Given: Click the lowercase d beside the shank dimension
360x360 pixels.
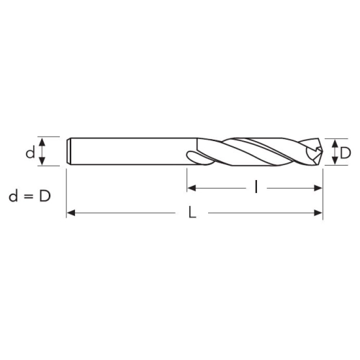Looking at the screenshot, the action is [30, 153].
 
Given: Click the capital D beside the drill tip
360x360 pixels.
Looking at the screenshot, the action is [346, 153].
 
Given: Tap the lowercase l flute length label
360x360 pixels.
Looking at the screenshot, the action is [256, 187].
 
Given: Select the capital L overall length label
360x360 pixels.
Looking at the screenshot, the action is [192, 212].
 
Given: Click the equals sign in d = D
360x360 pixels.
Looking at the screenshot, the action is [29, 197].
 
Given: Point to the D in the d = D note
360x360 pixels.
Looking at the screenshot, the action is [45, 197].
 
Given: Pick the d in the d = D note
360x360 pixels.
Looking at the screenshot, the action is [13, 196].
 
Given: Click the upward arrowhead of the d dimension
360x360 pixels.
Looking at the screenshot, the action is [42, 142].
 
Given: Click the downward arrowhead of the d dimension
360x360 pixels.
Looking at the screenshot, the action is [42, 161].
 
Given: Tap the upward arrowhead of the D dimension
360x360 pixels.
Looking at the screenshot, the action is [336, 144].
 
